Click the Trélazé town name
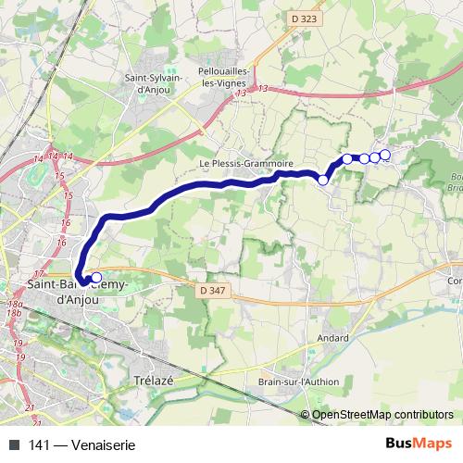[155, 381]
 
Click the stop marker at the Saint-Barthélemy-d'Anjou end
[95, 277]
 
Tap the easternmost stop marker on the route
[385, 154]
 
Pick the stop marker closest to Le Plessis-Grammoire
[323, 180]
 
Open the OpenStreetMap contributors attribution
[382, 414]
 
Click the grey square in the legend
[12, 444]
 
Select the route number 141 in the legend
[38, 444]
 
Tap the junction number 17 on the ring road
[38, 274]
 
